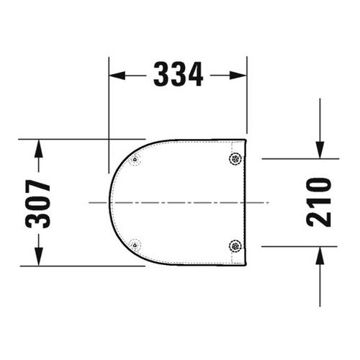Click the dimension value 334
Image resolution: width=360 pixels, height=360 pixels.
178,73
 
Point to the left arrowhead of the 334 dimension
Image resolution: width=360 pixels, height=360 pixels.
117,73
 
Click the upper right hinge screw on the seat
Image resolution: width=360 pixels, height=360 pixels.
234,159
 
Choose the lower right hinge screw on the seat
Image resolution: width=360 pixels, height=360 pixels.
234,245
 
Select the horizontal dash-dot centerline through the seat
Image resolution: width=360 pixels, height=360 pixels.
180,202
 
